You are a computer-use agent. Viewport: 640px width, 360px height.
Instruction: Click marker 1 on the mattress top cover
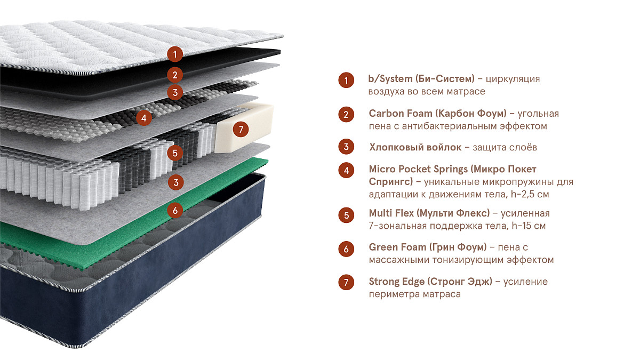point(175,53)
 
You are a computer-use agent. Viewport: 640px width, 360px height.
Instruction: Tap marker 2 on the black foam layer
point(175,74)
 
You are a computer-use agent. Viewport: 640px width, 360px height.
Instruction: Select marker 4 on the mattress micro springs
point(143,117)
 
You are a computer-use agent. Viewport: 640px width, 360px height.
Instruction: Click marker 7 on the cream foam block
point(241,129)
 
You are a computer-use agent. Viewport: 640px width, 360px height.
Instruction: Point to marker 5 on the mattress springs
point(175,153)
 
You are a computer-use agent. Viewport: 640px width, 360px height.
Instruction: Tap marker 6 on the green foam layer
point(175,210)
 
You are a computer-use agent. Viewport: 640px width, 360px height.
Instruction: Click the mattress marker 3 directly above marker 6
point(175,182)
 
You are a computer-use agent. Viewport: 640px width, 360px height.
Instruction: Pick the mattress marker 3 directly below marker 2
point(175,92)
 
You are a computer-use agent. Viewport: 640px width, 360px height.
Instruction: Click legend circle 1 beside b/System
point(346,81)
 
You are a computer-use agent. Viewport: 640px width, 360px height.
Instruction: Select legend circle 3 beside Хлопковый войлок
point(346,147)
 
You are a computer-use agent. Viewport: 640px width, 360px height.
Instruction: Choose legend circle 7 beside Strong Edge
point(346,282)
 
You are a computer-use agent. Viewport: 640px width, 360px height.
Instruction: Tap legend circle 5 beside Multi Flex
point(346,214)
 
